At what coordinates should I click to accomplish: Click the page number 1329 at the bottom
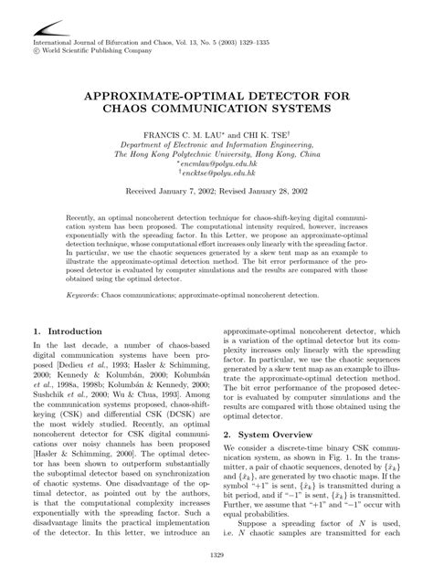tap(216, 557)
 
